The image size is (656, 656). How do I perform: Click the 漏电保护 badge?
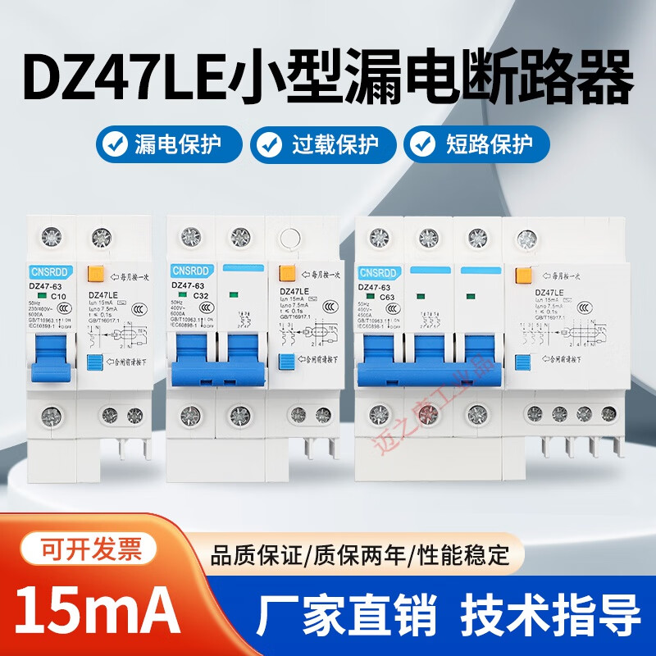tap(169, 145)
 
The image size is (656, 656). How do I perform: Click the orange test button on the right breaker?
tap(522, 276)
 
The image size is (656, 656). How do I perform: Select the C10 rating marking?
tap(59, 296)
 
